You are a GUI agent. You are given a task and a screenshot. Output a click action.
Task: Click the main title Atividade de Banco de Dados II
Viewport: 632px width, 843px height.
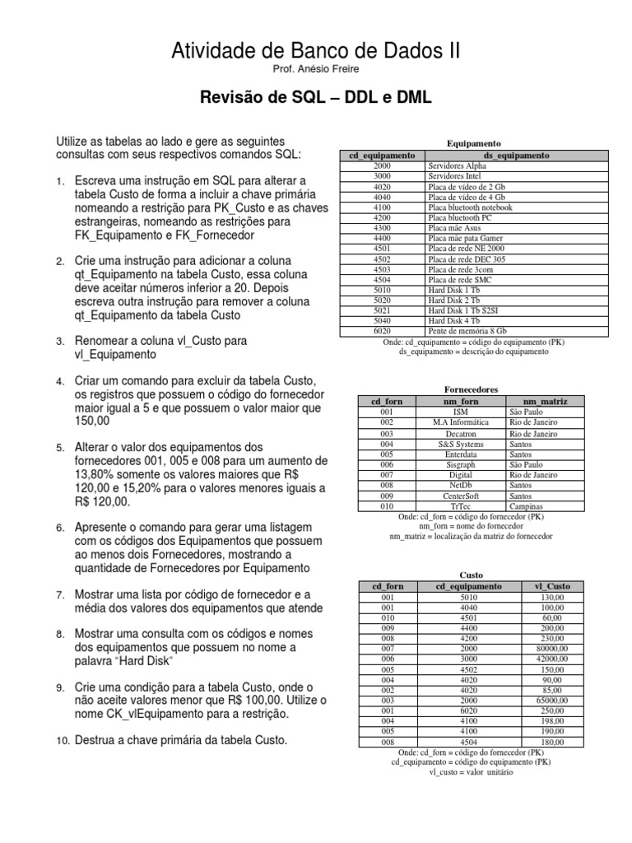pyautogui.click(x=316, y=52)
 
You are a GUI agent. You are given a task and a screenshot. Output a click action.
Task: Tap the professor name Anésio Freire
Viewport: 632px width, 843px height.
pyautogui.click(x=316, y=71)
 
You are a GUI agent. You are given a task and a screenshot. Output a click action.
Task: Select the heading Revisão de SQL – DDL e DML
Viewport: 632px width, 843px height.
pyautogui.click(x=316, y=99)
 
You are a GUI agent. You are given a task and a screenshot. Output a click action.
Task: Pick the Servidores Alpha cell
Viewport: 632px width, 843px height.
pyautogui.click(x=457, y=165)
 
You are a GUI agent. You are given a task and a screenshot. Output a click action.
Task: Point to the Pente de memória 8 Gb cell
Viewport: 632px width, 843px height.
pyautogui.click(x=466, y=331)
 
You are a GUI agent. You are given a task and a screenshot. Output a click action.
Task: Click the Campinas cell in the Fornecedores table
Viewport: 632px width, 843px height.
pyautogui.click(x=527, y=507)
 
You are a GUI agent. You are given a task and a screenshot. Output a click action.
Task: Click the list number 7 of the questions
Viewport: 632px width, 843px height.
pyautogui.click(x=60, y=594)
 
